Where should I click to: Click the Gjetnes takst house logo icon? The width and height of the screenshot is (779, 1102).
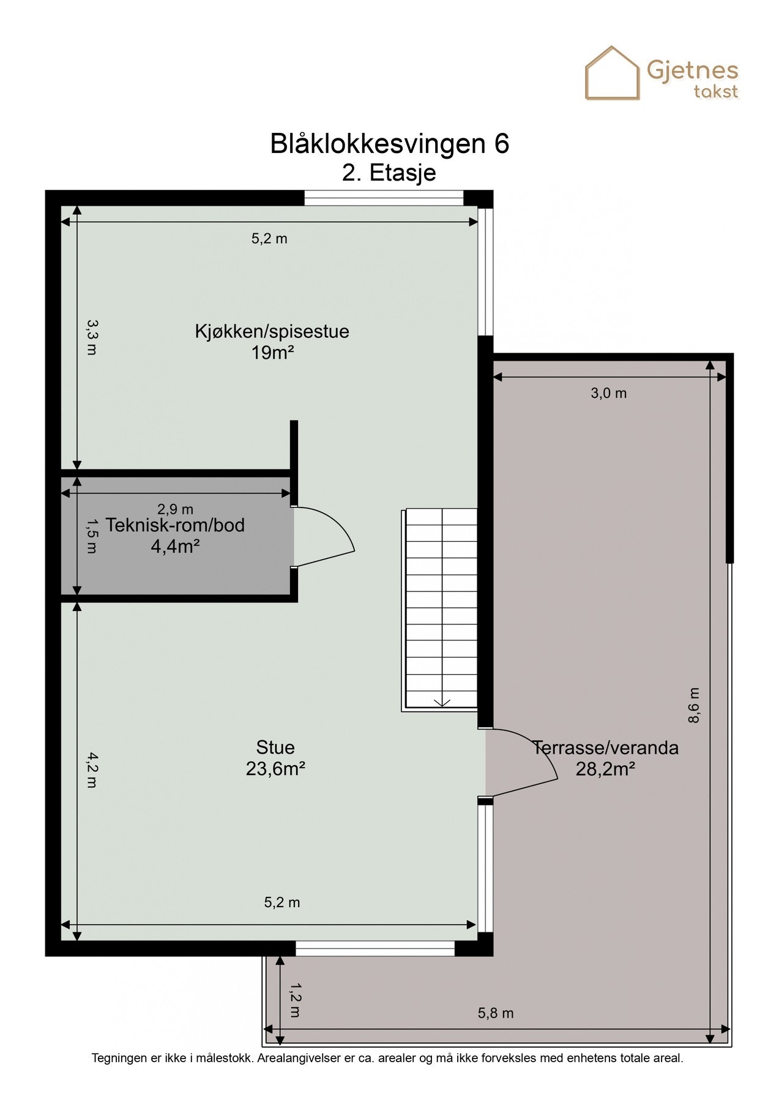pos(612,73)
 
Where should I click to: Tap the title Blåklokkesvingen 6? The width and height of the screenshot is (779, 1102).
pos(389,144)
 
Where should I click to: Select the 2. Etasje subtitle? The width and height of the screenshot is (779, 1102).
pos(389,173)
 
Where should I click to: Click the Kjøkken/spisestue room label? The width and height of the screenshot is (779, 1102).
pos(272,331)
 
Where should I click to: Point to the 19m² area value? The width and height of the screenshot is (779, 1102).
pos(272,353)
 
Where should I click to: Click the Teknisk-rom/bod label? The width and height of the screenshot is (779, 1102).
pos(175,525)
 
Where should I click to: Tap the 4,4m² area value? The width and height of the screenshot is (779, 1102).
pos(175,546)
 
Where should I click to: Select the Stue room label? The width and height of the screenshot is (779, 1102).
pos(275,747)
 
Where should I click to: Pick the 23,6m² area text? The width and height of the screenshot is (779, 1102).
pos(275,768)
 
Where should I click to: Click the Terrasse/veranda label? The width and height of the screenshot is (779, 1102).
pos(605,748)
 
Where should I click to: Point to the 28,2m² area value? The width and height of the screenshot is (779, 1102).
pos(605,769)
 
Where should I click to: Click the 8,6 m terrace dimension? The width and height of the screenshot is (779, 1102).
pos(693,705)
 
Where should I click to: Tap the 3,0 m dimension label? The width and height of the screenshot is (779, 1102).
pos(608,393)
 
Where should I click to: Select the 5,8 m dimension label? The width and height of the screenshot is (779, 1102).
pos(495,1013)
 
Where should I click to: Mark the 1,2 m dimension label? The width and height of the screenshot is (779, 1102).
pos(294,1000)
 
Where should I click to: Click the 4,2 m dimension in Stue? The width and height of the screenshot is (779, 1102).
pos(91,770)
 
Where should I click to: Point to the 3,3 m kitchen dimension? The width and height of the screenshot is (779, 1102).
pos(91,337)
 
